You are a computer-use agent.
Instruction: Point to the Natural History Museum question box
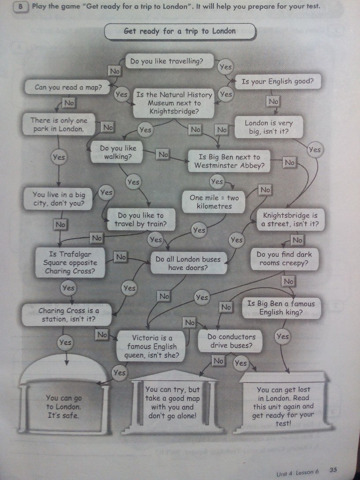pyautogui.click(x=174, y=103)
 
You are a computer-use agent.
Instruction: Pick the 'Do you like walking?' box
pyautogui.click(x=118, y=152)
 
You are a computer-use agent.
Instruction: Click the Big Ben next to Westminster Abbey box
pyautogui.click(x=229, y=161)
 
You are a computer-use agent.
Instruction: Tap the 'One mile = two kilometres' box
pyautogui.click(x=214, y=202)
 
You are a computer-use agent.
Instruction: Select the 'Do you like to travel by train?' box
pyautogui.click(x=140, y=220)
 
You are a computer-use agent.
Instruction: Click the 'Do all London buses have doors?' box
pyautogui.click(x=188, y=263)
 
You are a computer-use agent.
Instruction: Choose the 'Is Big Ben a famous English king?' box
pyautogui.click(x=281, y=308)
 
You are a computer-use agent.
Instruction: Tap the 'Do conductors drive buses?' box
pyautogui.click(x=231, y=341)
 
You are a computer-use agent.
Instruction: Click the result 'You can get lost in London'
pyautogui.click(x=284, y=406)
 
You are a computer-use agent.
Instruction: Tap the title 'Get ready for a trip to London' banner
pyautogui.click(x=180, y=31)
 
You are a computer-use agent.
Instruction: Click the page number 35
pyautogui.click(x=334, y=470)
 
